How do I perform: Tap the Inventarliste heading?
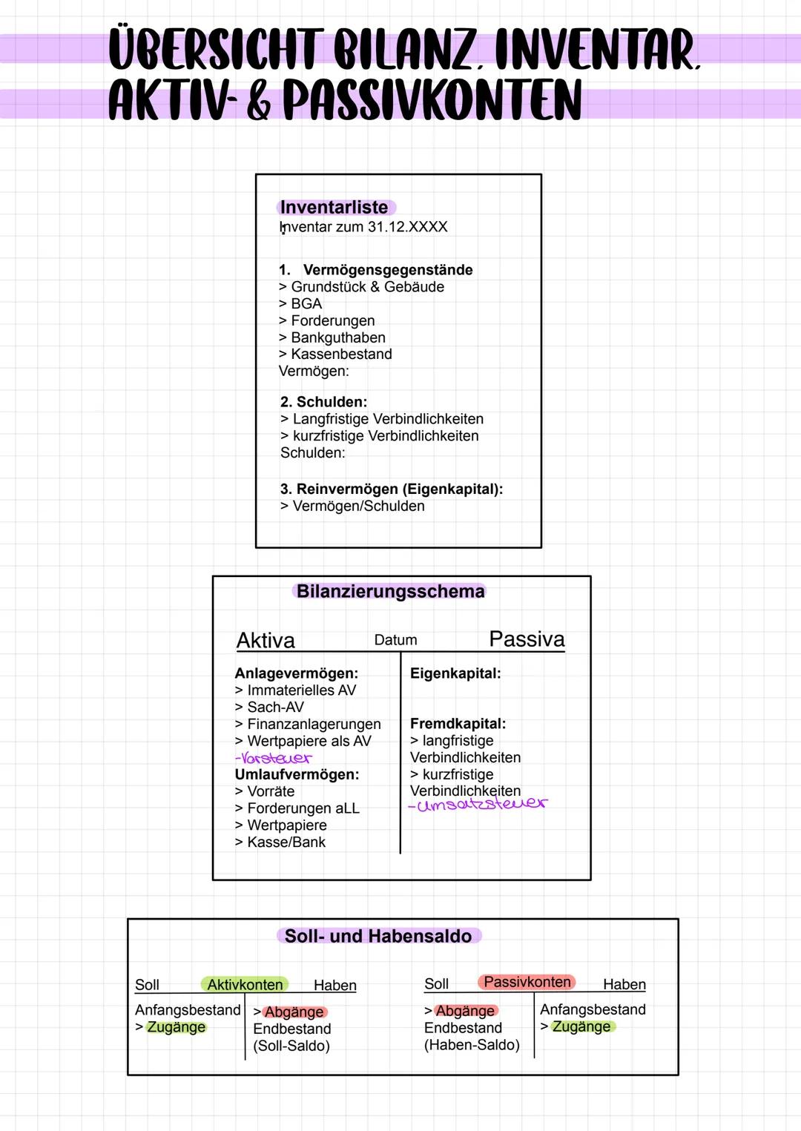334,208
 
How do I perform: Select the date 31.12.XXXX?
407,227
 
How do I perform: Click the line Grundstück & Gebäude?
367,287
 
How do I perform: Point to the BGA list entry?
306,304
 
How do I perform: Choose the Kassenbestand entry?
341,355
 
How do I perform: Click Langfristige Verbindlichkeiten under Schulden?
388,419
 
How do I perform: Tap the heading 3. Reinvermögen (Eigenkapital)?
392,489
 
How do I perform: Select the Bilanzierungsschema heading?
390,592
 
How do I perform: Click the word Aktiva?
266,640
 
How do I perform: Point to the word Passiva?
527,639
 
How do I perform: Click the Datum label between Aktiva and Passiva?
395,640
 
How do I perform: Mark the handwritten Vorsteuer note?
274,759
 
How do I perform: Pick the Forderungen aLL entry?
303,808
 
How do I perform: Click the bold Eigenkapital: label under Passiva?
455,673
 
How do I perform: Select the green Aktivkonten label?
245,985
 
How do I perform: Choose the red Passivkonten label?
527,982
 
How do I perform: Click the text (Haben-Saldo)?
472,1045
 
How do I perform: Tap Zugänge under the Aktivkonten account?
176,1027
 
